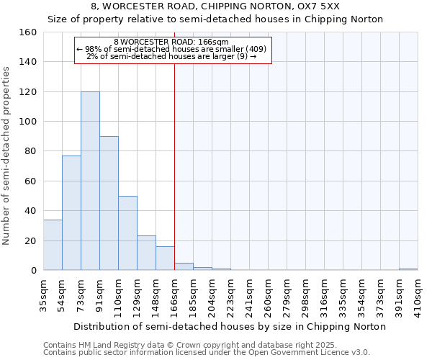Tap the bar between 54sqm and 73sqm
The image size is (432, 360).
(x=71, y=213)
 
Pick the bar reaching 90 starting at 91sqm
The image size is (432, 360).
(x=109, y=204)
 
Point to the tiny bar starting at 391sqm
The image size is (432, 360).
(x=408, y=269)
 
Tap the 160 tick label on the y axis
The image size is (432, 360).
(x=28, y=32)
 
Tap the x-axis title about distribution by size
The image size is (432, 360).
(x=230, y=327)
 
